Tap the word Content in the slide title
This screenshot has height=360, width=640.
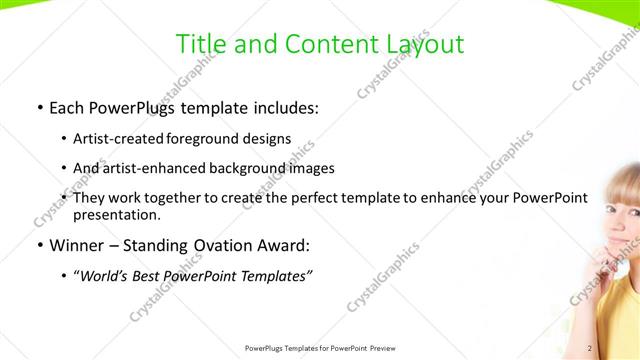(x=326, y=45)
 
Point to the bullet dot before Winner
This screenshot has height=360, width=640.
(x=38, y=246)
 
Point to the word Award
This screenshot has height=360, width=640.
(x=288, y=246)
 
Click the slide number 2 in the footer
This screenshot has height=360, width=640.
(x=590, y=348)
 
